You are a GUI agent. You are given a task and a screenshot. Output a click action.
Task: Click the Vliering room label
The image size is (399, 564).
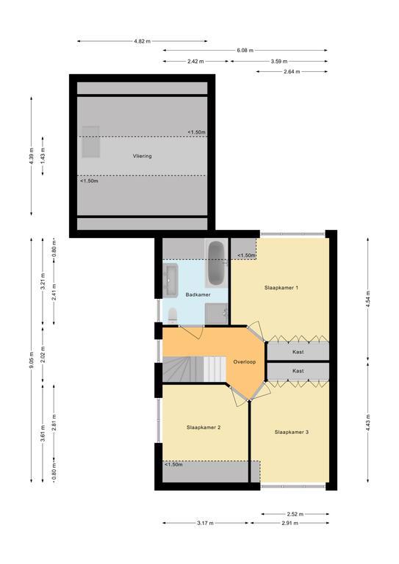[142, 156]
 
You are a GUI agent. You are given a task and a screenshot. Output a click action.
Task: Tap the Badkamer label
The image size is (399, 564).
[198, 294]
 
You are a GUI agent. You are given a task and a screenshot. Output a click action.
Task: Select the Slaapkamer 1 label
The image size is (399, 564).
[281, 288]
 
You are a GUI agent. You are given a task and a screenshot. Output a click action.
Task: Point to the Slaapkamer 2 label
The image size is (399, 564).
[204, 427]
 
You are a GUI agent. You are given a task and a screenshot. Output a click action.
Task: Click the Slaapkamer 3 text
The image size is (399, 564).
[292, 432]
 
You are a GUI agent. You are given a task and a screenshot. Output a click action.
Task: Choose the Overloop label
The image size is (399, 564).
[245, 362]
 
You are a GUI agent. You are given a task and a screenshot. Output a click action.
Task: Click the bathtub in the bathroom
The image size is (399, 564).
[216, 264]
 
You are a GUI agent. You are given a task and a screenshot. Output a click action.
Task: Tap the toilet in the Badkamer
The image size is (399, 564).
[173, 316]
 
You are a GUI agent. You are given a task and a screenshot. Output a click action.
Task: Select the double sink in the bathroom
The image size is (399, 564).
[170, 281]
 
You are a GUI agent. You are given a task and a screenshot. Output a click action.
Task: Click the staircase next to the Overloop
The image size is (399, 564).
[194, 369]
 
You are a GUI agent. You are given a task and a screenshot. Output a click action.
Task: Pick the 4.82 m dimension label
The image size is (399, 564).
[142, 41]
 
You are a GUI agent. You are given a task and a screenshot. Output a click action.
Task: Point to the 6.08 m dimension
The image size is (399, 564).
[245, 51]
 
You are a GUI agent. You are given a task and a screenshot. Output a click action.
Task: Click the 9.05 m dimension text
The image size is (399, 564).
[32, 360]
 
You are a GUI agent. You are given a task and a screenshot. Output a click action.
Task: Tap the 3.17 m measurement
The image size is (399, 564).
[206, 523]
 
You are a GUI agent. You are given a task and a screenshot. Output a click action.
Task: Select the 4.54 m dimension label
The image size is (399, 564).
[367, 299]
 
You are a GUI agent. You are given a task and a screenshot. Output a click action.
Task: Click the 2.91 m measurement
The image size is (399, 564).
[290, 523]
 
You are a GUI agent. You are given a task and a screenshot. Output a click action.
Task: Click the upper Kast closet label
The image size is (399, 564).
[298, 352]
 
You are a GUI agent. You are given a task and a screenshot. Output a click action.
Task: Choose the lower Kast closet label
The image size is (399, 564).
[298, 370]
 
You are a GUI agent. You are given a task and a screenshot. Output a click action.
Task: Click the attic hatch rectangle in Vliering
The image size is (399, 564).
[90, 142]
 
